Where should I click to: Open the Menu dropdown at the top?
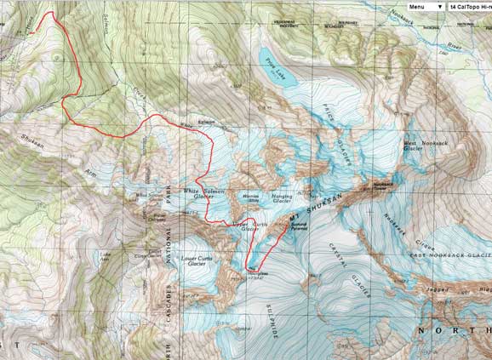(x=424, y=6)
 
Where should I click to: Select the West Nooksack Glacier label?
(x=422, y=147)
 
